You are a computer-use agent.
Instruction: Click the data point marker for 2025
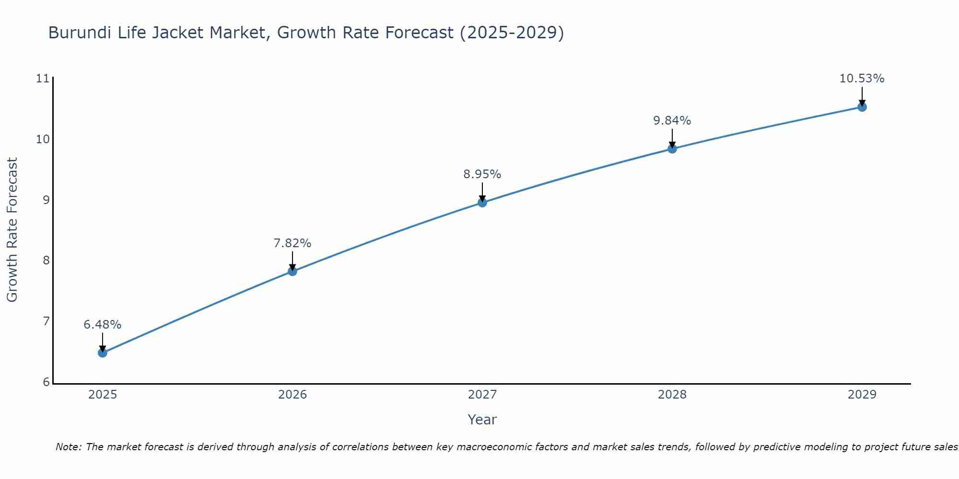103,353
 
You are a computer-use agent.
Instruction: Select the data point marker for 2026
292,272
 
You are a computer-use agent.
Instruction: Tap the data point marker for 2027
482,203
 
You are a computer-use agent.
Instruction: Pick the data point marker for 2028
672,149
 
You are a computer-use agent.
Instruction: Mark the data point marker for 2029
862,107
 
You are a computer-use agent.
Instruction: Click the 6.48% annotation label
103,325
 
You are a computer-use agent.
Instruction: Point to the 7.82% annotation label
292,243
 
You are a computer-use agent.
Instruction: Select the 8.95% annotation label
482,174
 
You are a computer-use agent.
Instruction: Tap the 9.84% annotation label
672,121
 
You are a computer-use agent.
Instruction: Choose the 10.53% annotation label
862,79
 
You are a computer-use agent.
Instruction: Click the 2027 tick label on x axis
482,395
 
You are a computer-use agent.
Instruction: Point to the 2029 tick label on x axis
862,395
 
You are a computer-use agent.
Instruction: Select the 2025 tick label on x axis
103,395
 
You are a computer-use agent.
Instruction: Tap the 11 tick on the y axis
43,79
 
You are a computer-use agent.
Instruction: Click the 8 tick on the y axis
46,261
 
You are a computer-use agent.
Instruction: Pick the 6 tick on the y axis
46,382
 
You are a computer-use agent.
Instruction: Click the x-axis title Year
482,420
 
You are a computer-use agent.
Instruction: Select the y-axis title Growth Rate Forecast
12,230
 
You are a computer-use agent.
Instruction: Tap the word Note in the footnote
68,447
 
